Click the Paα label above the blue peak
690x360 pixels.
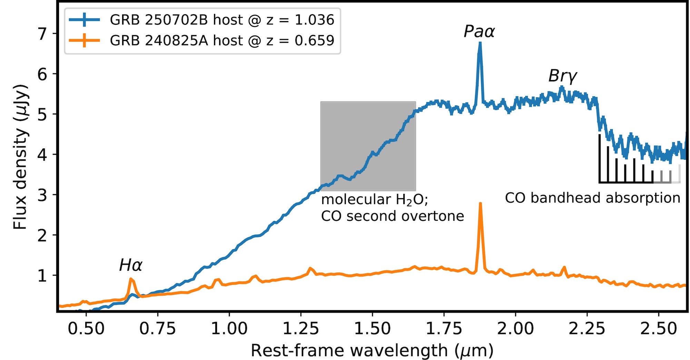479,32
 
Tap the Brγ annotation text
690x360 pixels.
562,76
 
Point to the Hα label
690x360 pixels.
130,265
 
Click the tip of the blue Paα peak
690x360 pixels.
480,43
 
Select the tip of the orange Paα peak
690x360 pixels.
480,204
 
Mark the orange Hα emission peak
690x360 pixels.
131,279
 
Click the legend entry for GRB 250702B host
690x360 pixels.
222,20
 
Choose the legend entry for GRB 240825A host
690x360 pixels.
222,41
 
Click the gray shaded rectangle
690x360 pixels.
368,146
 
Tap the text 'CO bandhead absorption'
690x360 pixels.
592,198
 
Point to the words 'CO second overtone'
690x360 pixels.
392,216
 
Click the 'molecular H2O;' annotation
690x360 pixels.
374,200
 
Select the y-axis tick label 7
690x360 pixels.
42,34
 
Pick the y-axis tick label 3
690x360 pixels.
42,195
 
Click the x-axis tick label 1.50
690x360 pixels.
372,329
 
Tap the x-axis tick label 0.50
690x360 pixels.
86,329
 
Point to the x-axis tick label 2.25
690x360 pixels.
587,329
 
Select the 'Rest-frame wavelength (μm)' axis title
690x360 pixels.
372,351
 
